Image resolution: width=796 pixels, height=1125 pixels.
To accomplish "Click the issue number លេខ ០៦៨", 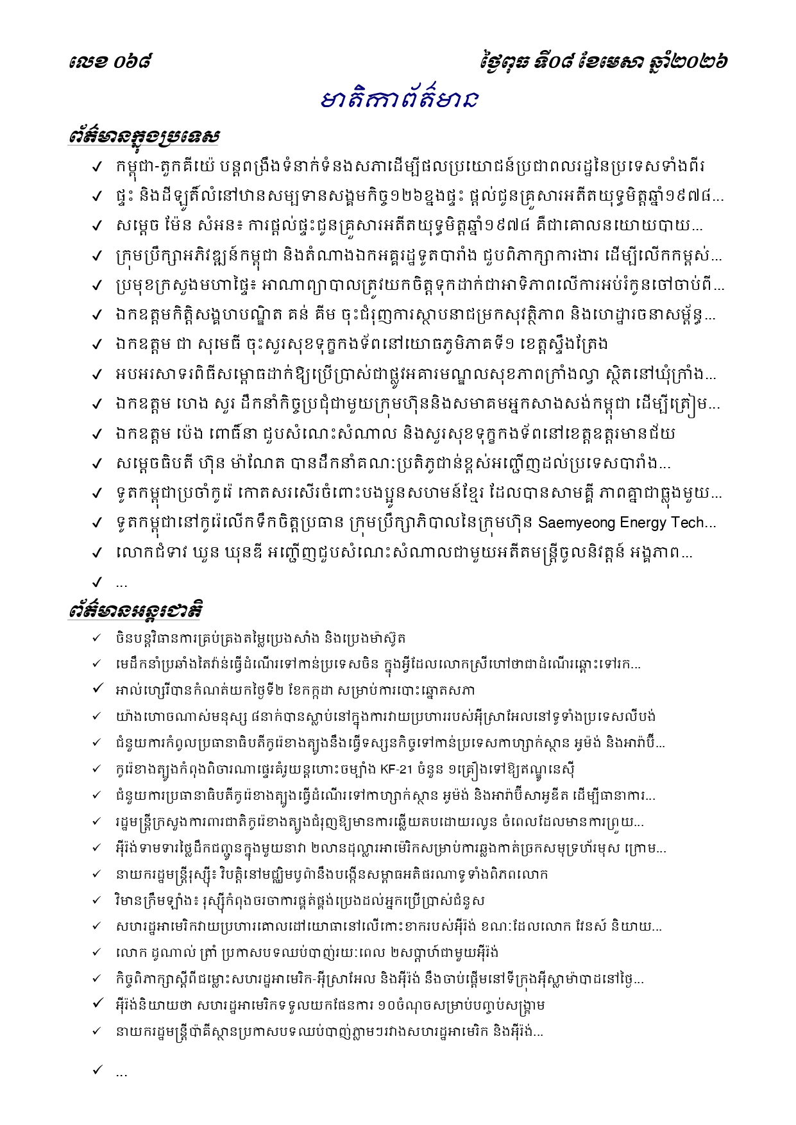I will (110, 62).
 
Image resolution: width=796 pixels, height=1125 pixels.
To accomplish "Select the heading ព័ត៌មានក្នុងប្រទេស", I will (144, 137).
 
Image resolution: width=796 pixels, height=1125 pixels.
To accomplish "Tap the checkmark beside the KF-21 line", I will (97, 769).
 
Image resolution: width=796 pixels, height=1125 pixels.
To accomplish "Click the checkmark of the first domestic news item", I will (97, 167).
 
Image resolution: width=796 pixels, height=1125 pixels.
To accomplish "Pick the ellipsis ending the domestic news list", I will (121, 584).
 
